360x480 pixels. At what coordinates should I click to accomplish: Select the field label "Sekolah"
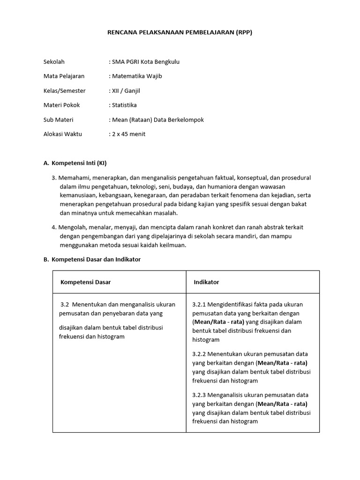tap(54, 61)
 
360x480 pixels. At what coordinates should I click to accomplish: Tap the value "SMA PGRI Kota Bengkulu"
tap(145, 61)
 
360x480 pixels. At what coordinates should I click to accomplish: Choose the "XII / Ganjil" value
tap(127, 90)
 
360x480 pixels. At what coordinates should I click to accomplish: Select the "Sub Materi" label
tap(58, 120)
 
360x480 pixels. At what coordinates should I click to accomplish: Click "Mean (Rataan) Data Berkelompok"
tap(158, 120)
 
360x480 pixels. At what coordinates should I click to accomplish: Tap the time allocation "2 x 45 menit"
tap(128, 134)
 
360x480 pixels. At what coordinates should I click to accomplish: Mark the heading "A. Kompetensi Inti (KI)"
tap(75, 163)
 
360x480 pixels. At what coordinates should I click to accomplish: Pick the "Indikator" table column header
tap(206, 282)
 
